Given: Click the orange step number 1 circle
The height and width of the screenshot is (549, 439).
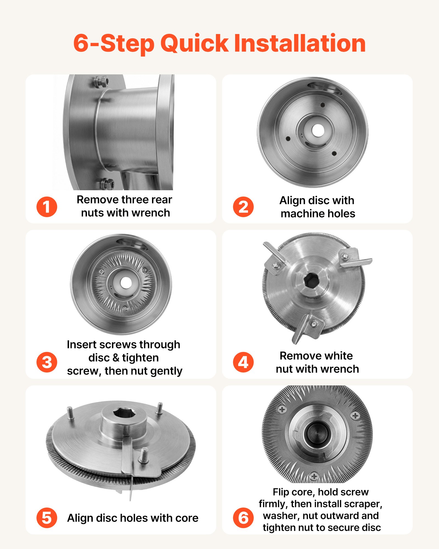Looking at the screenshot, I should pos(47,207).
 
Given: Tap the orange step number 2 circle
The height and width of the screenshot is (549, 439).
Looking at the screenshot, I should pos(243,207).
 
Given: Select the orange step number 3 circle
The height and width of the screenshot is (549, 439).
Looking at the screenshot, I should pos(47,362).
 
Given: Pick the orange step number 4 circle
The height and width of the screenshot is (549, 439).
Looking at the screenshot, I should pos(243,362).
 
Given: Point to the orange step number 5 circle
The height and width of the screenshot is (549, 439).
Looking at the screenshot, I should pos(47,518).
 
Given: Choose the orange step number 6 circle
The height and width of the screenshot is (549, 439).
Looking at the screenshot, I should pos(243,518).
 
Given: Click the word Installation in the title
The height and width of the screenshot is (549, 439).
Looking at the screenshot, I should pos(300,43).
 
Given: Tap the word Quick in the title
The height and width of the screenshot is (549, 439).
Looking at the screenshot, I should pos(194,43).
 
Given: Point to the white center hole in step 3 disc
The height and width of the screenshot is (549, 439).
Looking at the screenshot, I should pos(126,283).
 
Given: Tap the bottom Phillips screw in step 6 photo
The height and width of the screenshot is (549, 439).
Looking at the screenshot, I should pos(314,476).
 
